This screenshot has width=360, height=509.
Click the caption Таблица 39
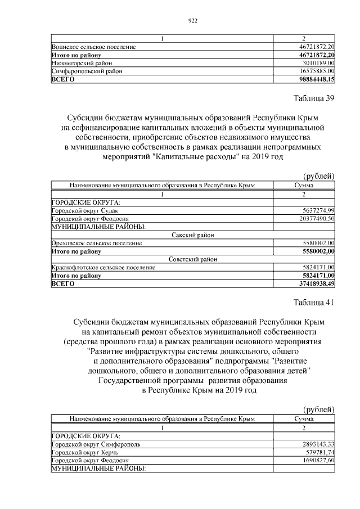314,98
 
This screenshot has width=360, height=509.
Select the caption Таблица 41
314,303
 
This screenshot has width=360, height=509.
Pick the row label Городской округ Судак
84,210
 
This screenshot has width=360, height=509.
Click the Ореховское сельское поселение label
96,243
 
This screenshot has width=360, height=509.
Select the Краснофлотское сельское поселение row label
103,267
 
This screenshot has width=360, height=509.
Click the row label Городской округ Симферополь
96,444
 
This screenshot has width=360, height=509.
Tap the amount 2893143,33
318,444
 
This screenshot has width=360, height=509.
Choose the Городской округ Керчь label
84,452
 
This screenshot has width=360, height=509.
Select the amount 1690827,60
318,460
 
